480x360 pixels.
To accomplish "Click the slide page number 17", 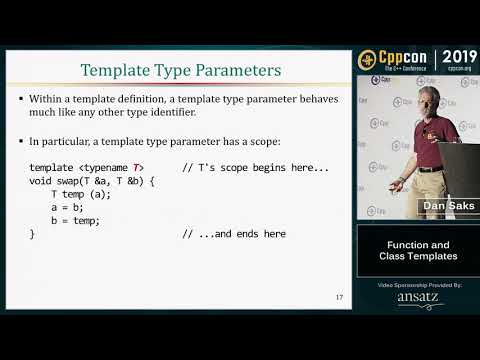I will tap(339, 297).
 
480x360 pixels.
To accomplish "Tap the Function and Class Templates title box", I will tap(419, 251).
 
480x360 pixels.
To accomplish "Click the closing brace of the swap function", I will tap(32, 234).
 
